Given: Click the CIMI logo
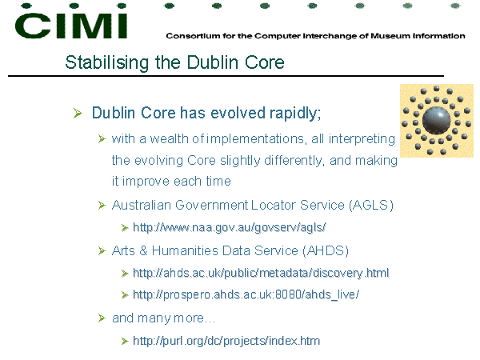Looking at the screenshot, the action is [x=71, y=22].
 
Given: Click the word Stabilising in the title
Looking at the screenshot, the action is [x=107, y=62].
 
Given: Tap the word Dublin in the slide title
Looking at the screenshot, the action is [x=213, y=62].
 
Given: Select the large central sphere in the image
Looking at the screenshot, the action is [x=436, y=121].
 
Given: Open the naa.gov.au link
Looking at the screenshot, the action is [x=230, y=228].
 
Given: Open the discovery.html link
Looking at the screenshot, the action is [x=261, y=273].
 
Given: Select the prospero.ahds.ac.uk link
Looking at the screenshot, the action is [x=246, y=294].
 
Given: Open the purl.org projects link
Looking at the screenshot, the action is [x=226, y=341].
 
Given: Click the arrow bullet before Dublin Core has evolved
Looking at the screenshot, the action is [x=78, y=114].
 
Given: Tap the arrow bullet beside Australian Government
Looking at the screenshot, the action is [x=102, y=205].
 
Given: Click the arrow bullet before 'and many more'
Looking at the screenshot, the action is [x=102, y=318].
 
